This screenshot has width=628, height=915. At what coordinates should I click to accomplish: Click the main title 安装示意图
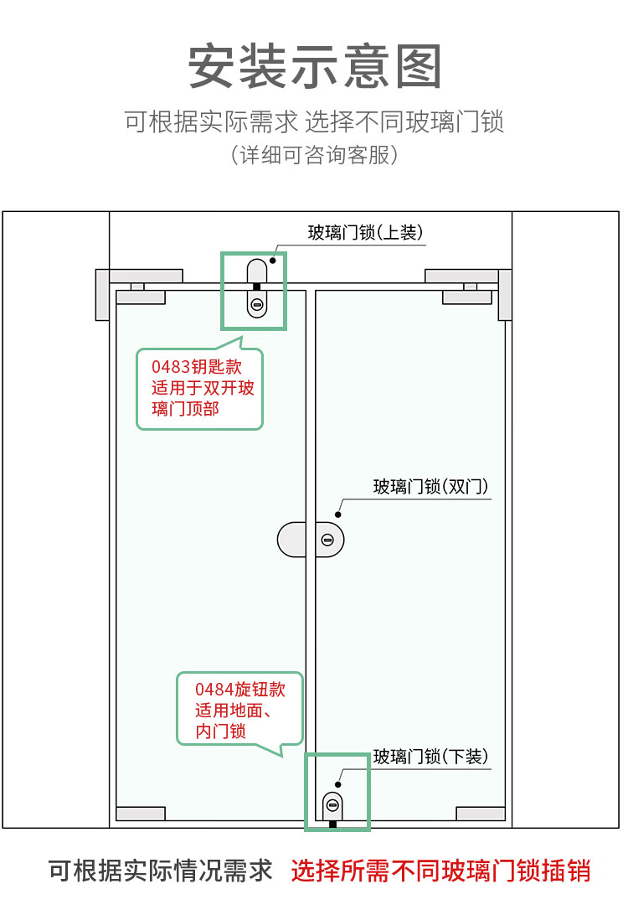click(314, 66)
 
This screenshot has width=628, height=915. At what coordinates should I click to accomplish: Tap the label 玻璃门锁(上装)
click(365, 232)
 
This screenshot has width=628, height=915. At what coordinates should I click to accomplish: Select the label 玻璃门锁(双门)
click(430, 486)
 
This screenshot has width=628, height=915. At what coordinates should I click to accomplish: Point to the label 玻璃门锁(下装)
click(430, 757)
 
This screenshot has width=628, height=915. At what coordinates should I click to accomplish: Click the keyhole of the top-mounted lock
click(256, 305)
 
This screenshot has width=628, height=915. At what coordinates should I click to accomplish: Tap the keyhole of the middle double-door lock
click(327, 540)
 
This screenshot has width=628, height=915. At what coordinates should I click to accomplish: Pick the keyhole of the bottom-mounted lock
click(332, 805)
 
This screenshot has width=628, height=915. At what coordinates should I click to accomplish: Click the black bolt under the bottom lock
click(333, 824)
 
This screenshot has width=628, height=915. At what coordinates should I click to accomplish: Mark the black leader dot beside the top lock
click(272, 261)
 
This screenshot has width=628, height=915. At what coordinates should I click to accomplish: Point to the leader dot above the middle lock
click(337, 514)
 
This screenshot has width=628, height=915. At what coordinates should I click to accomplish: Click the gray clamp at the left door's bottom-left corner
click(141, 814)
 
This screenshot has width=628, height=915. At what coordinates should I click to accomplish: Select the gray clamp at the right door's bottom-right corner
click(481, 814)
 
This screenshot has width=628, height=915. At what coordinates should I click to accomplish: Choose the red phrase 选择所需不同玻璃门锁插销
click(440, 871)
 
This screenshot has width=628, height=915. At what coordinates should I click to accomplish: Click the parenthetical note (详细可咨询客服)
click(314, 155)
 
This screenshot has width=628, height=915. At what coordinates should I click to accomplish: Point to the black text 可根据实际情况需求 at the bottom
click(161, 871)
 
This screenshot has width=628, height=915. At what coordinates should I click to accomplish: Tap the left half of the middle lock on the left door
click(291, 540)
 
